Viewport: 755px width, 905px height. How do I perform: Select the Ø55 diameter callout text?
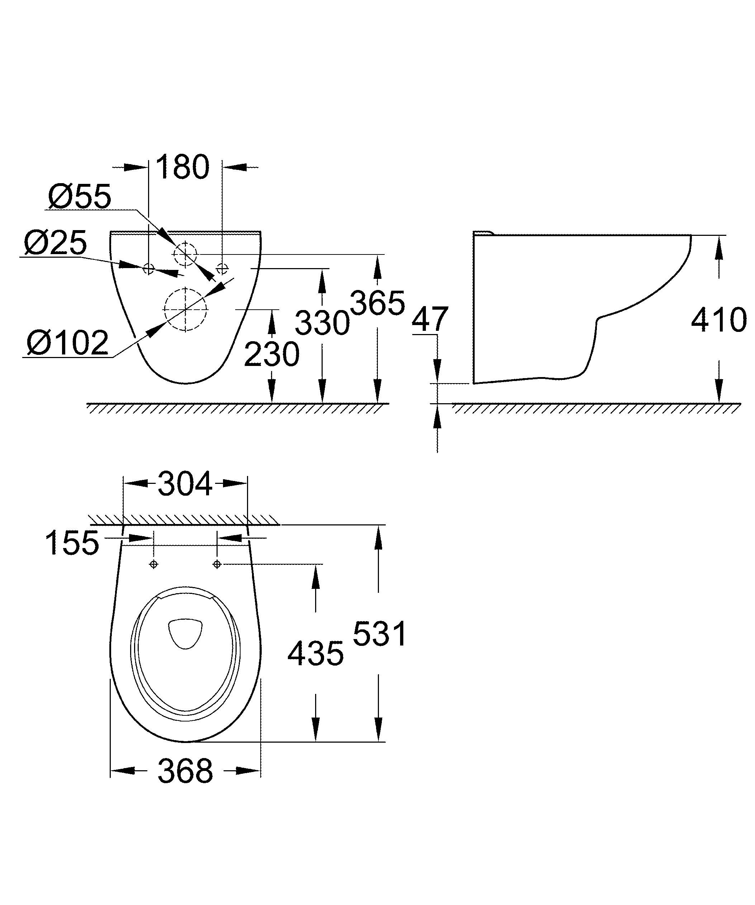(80, 196)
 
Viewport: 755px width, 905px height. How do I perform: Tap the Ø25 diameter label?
(55, 243)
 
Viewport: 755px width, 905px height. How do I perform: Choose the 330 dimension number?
(322, 323)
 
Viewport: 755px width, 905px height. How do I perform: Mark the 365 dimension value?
(377, 303)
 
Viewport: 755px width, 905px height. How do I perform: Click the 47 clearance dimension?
(430, 319)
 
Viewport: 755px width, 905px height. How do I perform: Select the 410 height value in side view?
(718, 320)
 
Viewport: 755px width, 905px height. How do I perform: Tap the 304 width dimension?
(185, 484)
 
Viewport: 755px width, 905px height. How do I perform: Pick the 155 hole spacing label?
(72, 543)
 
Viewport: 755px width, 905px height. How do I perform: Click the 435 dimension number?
(315, 653)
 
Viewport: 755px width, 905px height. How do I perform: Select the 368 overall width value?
(185, 771)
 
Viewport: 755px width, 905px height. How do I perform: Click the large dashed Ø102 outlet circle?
(185, 309)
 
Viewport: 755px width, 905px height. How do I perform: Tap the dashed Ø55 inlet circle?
(185, 254)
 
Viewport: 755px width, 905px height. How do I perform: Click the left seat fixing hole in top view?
(154, 564)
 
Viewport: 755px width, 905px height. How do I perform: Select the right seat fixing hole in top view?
(217, 564)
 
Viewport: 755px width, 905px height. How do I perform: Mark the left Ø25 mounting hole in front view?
(148, 269)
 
